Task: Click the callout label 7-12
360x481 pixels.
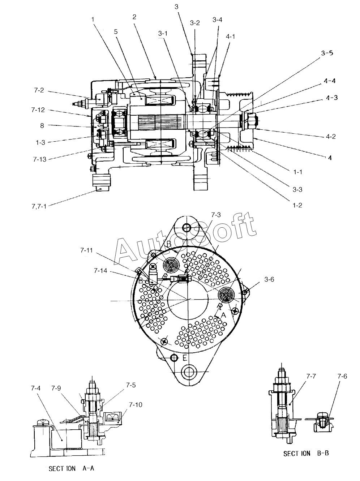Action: tap(38, 110)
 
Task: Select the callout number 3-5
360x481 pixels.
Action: tap(327, 53)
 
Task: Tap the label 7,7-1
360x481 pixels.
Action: tap(39, 206)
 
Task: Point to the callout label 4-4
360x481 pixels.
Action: tap(330, 81)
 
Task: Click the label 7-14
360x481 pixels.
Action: tap(100, 271)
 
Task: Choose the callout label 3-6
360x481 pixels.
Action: tap(269, 279)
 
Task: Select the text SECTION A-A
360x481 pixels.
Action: tap(72, 468)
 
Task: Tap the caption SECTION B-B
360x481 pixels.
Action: tap(306, 454)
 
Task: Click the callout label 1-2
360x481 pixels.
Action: tap(297, 205)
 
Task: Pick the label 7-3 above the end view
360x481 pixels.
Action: tap(216, 215)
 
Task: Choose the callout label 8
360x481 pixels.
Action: tap(42, 126)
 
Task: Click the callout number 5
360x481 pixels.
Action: tap(116, 32)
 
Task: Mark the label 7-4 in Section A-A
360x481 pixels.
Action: tap(36, 394)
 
